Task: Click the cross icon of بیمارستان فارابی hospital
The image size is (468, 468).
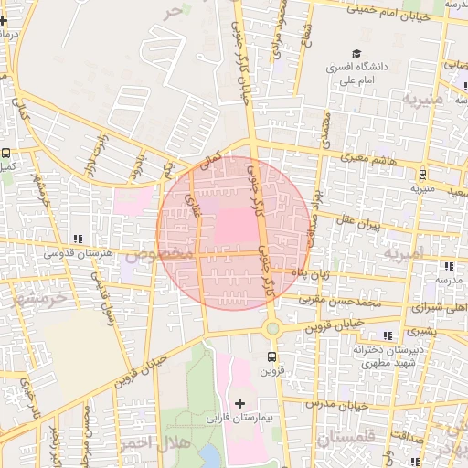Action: (240, 403)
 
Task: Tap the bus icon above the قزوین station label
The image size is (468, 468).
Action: (271, 356)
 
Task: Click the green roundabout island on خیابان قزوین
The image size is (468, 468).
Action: (271, 327)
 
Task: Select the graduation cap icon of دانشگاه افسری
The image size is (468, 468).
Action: (356, 54)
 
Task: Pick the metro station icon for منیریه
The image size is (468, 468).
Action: (421, 174)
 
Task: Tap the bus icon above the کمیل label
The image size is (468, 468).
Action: (7, 154)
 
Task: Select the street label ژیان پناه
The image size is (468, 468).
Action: (303, 271)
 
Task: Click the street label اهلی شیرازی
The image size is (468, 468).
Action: (441, 308)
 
